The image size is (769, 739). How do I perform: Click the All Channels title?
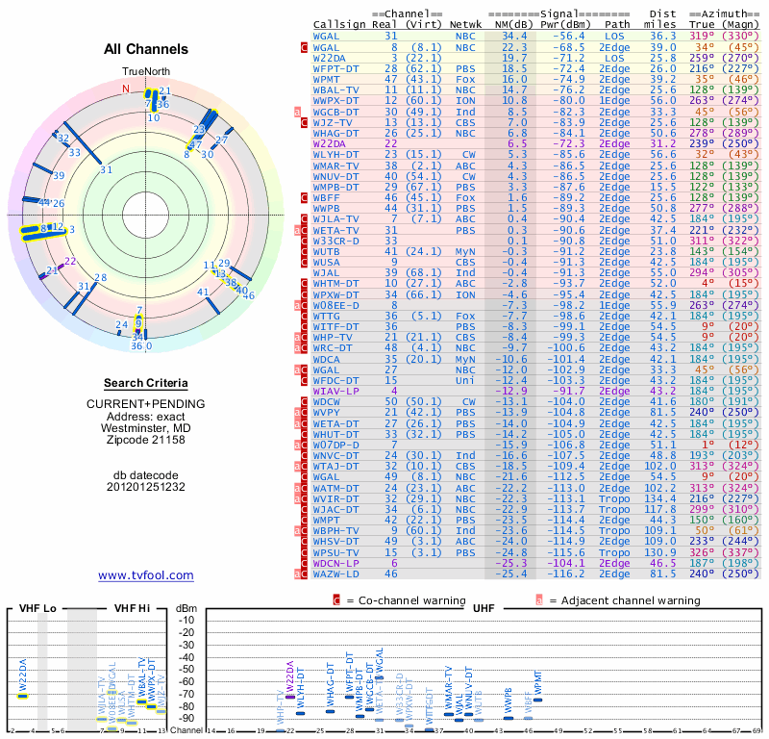[146, 49]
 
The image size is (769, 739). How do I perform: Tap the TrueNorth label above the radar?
[145, 72]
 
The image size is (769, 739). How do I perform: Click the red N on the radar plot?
[125, 89]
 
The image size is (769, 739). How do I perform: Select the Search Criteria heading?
[146, 382]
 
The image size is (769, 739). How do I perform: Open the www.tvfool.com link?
[146, 575]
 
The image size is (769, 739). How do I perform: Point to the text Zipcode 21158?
[146, 441]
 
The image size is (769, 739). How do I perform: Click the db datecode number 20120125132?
[146, 487]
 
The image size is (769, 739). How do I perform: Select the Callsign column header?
[340, 23]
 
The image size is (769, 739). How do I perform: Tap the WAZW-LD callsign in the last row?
[336, 573]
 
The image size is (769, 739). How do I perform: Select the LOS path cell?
[617, 35]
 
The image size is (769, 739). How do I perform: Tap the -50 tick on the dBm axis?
[186, 670]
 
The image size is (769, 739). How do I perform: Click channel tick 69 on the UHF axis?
[758, 732]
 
